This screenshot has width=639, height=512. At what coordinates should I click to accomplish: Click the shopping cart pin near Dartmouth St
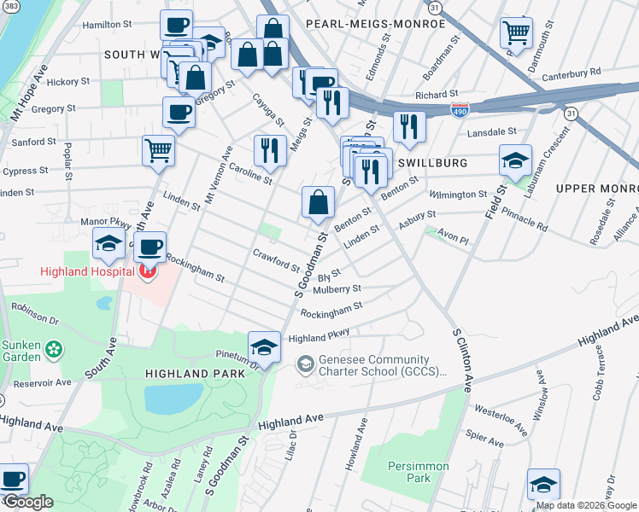click(516, 33)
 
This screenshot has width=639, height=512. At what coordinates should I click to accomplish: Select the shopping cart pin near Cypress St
click(158, 150)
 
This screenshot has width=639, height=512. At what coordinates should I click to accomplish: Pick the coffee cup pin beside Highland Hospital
click(150, 247)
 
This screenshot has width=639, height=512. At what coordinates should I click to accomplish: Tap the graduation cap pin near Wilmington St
click(515, 160)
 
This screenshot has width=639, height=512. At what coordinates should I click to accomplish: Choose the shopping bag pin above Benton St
click(317, 202)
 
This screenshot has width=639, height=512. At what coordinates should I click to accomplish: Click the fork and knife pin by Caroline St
click(270, 150)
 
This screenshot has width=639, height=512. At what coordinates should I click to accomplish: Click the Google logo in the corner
click(28, 502)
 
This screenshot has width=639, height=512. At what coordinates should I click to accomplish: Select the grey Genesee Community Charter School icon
click(304, 364)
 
